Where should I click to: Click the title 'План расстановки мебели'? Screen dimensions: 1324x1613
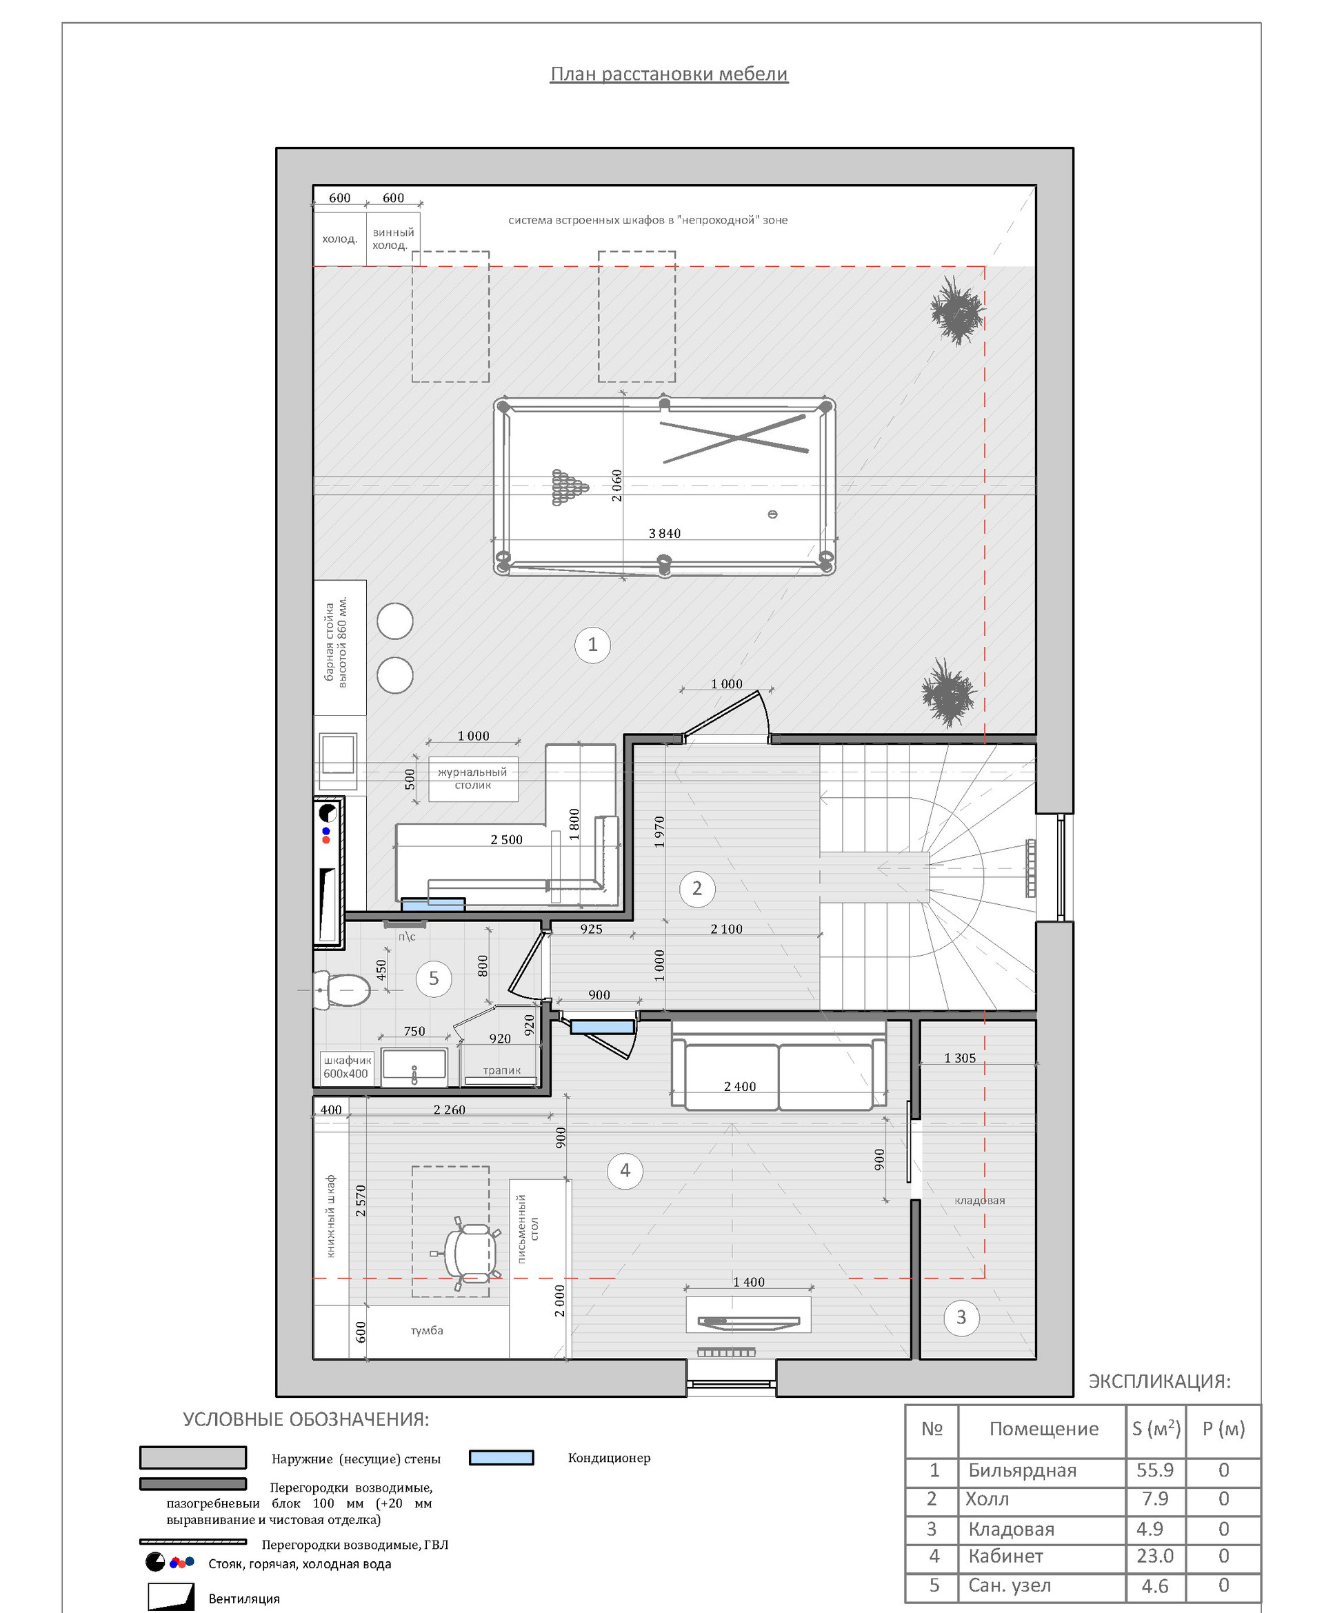(669, 74)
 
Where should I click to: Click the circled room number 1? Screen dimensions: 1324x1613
(592, 644)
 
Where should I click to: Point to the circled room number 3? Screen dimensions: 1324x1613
(961, 1317)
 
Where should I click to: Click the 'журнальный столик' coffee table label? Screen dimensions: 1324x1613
(473, 778)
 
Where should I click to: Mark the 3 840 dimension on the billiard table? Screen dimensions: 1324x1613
(664, 533)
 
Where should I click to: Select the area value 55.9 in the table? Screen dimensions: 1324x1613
(1154, 1470)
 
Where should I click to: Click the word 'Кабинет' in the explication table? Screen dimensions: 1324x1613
(1005, 1556)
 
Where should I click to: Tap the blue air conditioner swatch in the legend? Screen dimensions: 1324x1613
(501, 1457)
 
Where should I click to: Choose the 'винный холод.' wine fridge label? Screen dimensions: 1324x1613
(393, 239)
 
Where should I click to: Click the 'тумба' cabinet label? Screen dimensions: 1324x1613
(427, 1330)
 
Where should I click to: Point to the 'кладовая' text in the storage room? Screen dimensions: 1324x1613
(980, 1201)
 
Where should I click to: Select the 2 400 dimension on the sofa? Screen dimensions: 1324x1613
(740, 1086)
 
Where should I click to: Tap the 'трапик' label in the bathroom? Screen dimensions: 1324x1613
(502, 1071)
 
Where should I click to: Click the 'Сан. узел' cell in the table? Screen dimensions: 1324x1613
(1009, 1585)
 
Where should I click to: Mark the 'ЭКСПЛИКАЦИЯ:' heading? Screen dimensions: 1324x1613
(1159, 1381)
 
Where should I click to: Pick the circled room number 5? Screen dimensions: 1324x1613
(434, 979)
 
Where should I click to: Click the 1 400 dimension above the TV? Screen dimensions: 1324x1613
(749, 1282)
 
